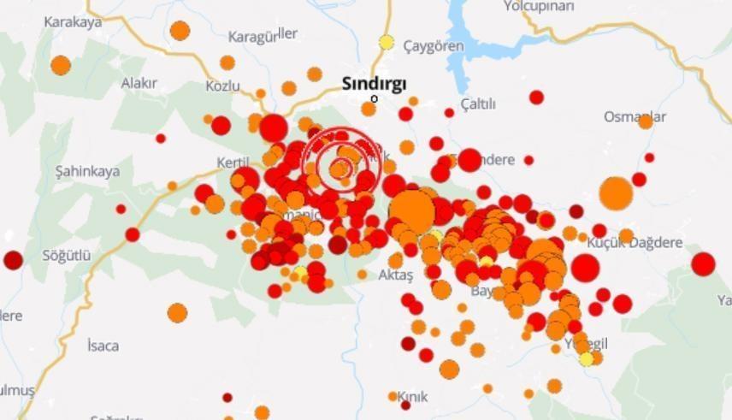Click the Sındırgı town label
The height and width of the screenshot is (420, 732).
pos(374,83)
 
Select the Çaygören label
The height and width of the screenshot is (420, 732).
pos(434,45)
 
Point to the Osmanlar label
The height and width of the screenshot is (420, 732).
pos(635,116)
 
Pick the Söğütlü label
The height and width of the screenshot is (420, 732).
pos(67,255)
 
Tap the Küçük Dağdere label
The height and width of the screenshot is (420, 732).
pos(635,243)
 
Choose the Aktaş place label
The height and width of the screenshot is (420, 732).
pos(395,275)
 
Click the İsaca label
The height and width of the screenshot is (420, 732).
pos(103,346)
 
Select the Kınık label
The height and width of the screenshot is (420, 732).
pos(413,397)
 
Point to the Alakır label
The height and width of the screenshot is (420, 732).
pos(139,83)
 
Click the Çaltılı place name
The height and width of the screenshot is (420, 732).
pos(478,104)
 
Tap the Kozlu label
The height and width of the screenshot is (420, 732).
pos(223,86)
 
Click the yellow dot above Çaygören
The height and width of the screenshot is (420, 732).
pos(387,42)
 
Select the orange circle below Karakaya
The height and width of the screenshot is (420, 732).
pos(60,65)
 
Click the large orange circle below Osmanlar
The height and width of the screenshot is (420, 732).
pos(616,193)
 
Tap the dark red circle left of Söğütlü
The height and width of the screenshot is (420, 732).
pos(13,260)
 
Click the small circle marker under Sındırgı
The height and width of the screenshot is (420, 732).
pos(374,98)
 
